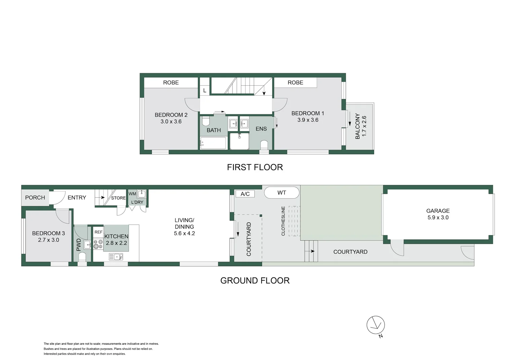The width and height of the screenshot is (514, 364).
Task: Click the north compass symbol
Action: [x=375, y=325]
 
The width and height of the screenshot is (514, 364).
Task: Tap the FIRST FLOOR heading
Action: [x=255, y=167]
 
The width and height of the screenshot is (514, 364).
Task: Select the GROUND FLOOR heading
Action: [x=255, y=280]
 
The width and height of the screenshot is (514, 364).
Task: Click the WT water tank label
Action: [x=282, y=193]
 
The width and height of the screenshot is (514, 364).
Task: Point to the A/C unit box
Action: [x=245, y=194]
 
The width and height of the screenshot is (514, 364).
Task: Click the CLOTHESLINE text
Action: [x=283, y=221]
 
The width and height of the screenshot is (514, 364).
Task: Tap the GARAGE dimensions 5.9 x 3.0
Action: [x=438, y=218]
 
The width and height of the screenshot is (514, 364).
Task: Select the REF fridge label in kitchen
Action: [x=98, y=232]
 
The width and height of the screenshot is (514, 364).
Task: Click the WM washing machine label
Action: [x=132, y=194]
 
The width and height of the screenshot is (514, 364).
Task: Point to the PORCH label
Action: [x=35, y=198]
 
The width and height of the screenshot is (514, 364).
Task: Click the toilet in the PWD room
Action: [x=82, y=257]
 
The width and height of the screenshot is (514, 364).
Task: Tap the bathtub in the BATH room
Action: [x=213, y=143]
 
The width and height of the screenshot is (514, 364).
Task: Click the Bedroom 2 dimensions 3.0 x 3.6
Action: [x=171, y=122]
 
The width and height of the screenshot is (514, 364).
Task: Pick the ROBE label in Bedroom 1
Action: [x=295, y=83]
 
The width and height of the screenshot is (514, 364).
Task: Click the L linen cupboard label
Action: [x=205, y=91]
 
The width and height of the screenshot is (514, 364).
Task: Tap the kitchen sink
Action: [x=116, y=257]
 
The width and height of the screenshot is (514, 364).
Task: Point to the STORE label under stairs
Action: [x=118, y=198]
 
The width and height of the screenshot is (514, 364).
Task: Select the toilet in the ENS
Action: [x=264, y=145]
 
